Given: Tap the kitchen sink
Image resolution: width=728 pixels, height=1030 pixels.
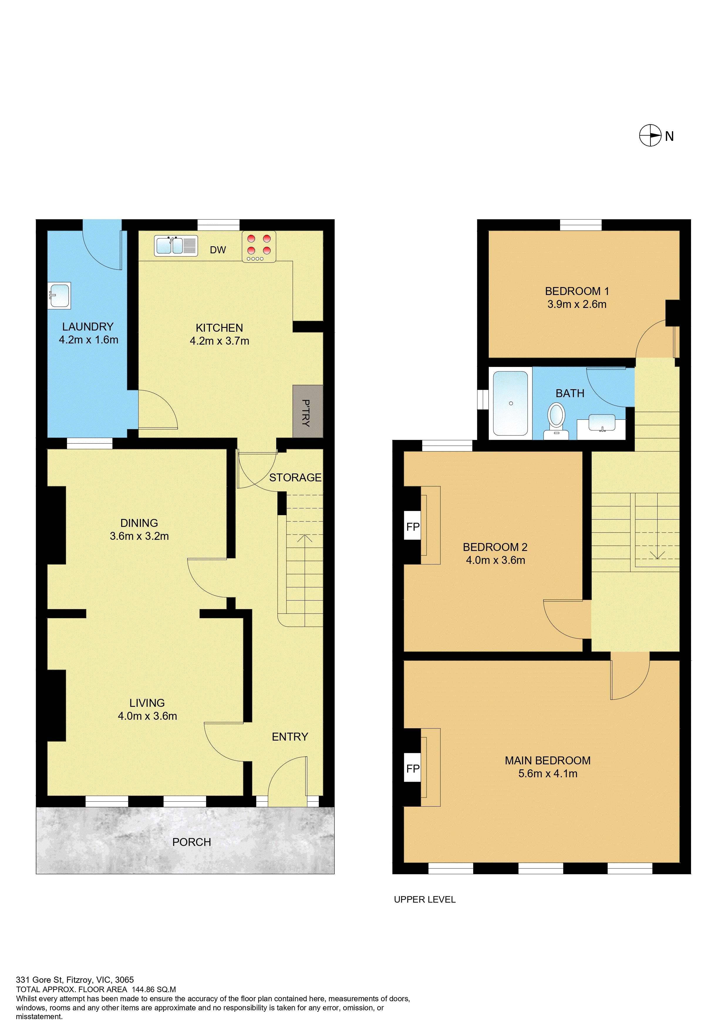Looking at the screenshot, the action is (176, 246).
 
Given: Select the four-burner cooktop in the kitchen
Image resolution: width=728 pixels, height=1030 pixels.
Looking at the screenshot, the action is (259, 246).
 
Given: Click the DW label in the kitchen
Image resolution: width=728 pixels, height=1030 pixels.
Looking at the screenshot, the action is (218, 250).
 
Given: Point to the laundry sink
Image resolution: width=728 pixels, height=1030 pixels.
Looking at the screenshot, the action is (59, 296).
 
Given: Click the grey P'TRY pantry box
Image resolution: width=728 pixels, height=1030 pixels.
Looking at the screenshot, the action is (308, 411).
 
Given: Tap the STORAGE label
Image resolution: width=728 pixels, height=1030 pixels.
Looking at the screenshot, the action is (295, 477).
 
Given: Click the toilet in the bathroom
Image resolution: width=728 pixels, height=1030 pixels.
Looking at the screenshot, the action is (556, 421).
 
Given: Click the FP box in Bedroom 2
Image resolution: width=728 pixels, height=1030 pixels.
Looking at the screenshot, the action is (413, 527).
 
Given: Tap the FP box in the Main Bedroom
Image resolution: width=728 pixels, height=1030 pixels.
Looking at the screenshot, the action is (413, 768).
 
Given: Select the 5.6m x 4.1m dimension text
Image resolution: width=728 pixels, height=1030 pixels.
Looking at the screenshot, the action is (548, 773).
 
